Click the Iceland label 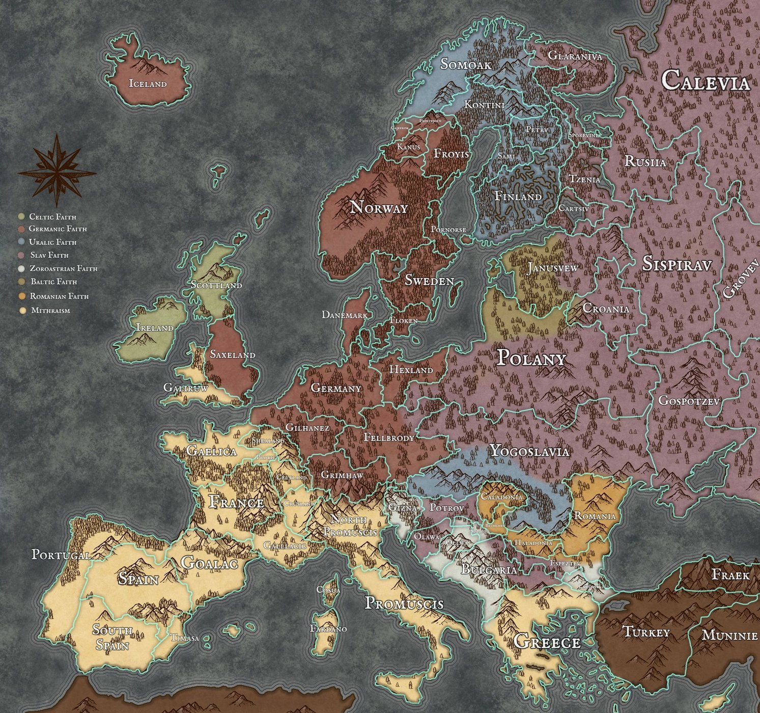[148, 84]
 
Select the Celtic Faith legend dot [21, 216]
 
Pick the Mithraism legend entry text [50, 310]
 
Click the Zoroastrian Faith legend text [63, 268]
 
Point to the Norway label [379, 208]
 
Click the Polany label [531, 359]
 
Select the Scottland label [216, 285]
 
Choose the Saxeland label [233, 354]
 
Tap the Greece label [547, 642]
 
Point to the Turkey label [646, 633]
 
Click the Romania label [595, 516]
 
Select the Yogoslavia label [529, 451]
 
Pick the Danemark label [345, 315]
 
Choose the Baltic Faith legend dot [21, 282]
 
